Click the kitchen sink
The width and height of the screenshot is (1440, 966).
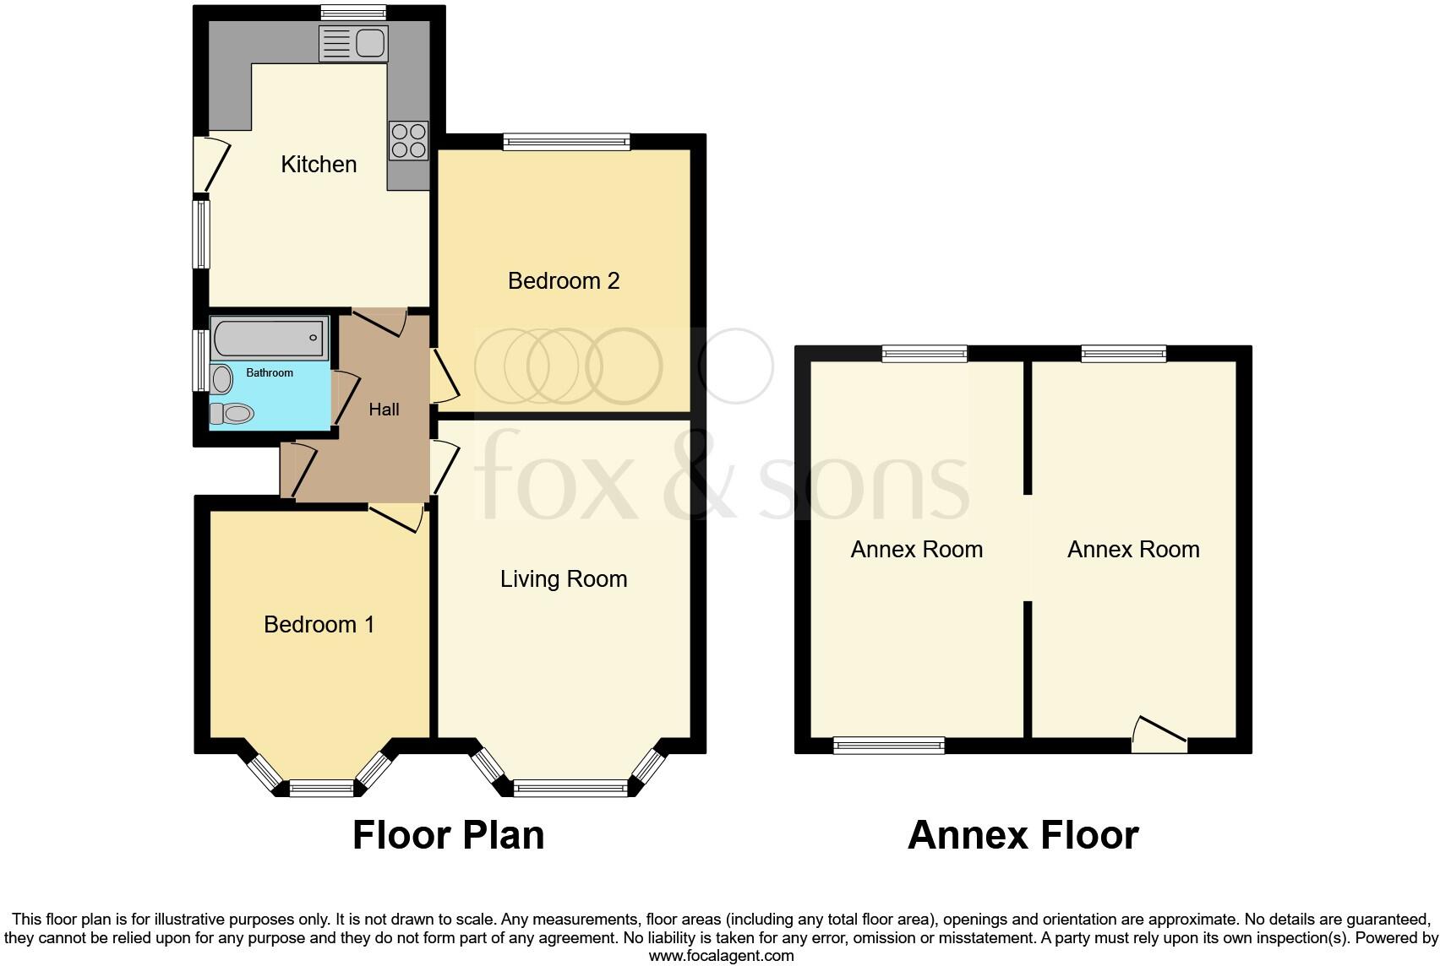coord(353,44)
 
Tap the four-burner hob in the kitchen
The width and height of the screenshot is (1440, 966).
coord(408,141)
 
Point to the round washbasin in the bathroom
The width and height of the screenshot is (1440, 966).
coord(221,379)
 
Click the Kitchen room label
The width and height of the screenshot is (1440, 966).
coord(319,164)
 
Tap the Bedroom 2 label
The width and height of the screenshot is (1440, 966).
coord(564,280)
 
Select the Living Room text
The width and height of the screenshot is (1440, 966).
coord(564,578)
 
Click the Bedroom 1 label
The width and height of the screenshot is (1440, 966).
coord(319,624)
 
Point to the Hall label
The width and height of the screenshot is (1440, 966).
coord(384,410)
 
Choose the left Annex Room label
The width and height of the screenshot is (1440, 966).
coord(916,550)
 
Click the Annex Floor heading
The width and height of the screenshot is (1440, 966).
coord(1023,835)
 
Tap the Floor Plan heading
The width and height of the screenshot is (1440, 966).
coord(448,835)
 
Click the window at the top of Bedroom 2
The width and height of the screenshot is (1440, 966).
coord(566,142)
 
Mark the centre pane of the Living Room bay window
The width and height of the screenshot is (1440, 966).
coord(570,789)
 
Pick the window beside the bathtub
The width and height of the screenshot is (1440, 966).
coord(201,361)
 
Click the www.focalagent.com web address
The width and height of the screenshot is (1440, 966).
coord(721,956)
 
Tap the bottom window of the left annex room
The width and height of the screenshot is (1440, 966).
coord(888,745)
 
